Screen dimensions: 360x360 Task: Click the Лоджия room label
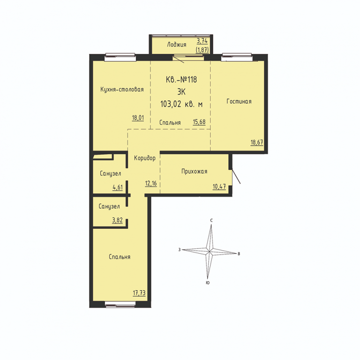pyautogui.click(x=177, y=45)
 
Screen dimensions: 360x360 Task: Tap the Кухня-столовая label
pyautogui.click(x=122, y=90)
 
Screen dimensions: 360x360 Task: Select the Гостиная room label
pyautogui.click(x=239, y=101)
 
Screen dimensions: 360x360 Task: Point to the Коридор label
pyautogui.click(x=145, y=158)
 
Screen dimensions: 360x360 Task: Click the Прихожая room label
pyautogui.click(x=194, y=171)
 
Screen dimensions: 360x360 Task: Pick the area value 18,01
pyautogui.click(x=138, y=118)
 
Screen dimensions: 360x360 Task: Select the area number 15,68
pyautogui.click(x=199, y=122)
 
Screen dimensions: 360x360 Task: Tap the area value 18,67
pyautogui.click(x=257, y=142)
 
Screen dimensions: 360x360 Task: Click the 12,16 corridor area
pyautogui.click(x=151, y=183)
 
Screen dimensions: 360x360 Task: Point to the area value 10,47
pyautogui.click(x=219, y=187)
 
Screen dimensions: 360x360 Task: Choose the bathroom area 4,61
pyautogui.click(x=118, y=187)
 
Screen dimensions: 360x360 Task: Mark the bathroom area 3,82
pyautogui.click(x=117, y=220)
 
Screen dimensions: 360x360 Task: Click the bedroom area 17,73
pyautogui.click(x=139, y=293)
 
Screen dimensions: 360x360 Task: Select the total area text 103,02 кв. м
pyautogui.click(x=181, y=104)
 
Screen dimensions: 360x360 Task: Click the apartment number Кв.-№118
pyautogui.click(x=181, y=80)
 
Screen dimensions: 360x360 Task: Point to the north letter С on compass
pyautogui.click(x=211, y=220)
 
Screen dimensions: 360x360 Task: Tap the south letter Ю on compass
pyautogui.click(x=208, y=283)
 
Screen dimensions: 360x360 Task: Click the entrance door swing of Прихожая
pyautogui.click(x=236, y=177)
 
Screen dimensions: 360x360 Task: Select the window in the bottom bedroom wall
pyautogui.click(x=120, y=304)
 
